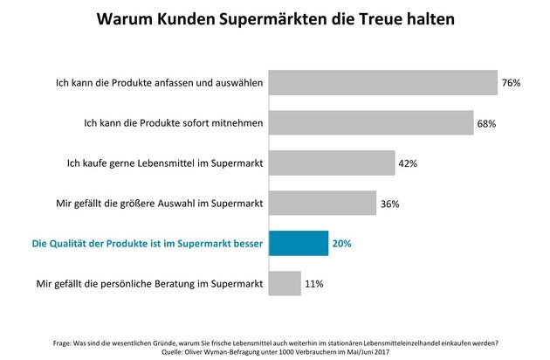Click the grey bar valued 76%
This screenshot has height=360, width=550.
[382, 82]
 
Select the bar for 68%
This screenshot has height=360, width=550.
[370, 122]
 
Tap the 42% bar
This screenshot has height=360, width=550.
[331, 163]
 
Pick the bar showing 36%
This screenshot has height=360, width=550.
[322, 203]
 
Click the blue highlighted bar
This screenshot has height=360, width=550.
[299, 243]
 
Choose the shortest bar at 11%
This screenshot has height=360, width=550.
[285, 283]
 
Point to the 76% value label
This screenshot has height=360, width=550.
[511, 83]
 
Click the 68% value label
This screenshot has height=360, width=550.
[486, 123]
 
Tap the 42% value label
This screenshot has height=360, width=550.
[409, 163]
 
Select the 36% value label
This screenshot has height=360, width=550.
[389, 204]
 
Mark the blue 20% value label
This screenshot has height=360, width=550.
[342, 244]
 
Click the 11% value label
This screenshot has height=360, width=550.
[314, 284]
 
